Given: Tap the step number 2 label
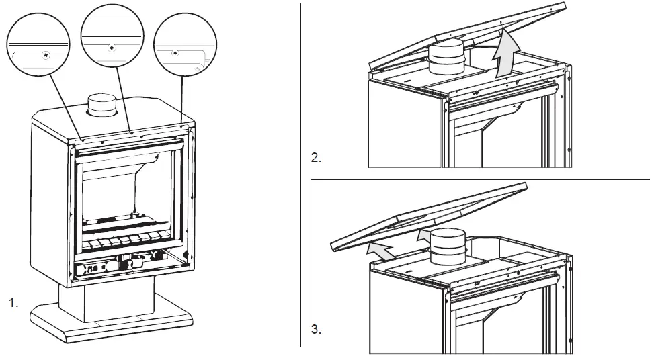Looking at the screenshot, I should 316,159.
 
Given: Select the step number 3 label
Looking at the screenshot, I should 316,330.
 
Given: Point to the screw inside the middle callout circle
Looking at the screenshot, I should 112,48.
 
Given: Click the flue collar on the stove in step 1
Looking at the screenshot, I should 102,105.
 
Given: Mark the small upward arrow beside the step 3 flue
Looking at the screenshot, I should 421,235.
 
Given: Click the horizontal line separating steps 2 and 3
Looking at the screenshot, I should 481,179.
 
